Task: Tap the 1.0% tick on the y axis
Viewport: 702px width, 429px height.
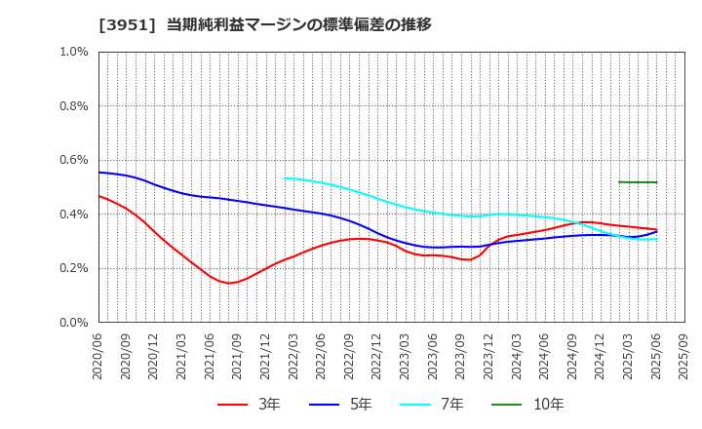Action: pyautogui.click(x=74, y=52)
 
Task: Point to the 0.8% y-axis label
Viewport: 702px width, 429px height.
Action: pyautogui.click(x=74, y=106)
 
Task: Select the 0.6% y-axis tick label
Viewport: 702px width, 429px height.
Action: pyautogui.click(x=74, y=160)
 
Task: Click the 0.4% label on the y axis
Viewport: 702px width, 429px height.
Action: pyautogui.click(x=74, y=214)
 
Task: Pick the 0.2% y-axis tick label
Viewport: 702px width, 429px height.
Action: pyautogui.click(x=74, y=268)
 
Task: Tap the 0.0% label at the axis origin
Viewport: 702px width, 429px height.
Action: pyautogui.click(x=74, y=323)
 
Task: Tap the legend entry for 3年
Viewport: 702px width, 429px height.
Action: pyautogui.click(x=249, y=405)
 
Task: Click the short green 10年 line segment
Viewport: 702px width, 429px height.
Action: pyautogui.click(x=638, y=182)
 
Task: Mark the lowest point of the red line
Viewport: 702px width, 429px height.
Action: pyautogui.click(x=229, y=283)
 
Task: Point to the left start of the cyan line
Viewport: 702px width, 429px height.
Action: pyautogui.click(x=284, y=177)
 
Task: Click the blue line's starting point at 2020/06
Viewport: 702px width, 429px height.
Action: pyautogui.click(x=99, y=173)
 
